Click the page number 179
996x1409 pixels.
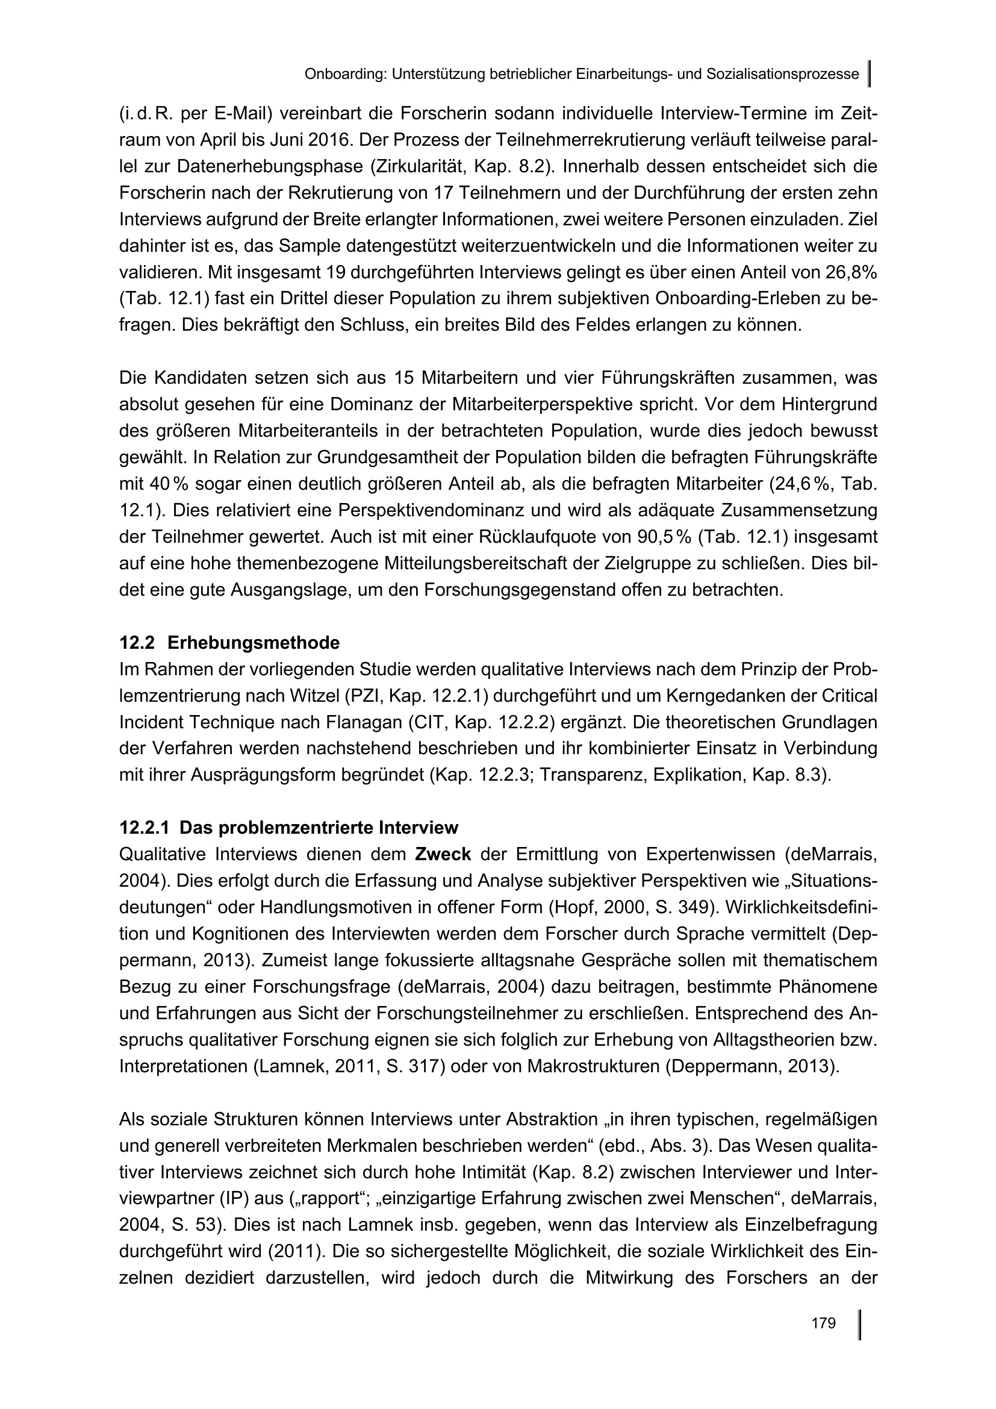coord(823,1323)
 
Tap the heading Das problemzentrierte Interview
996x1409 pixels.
coord(289,828)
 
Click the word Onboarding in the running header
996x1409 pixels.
coord(344,75)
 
